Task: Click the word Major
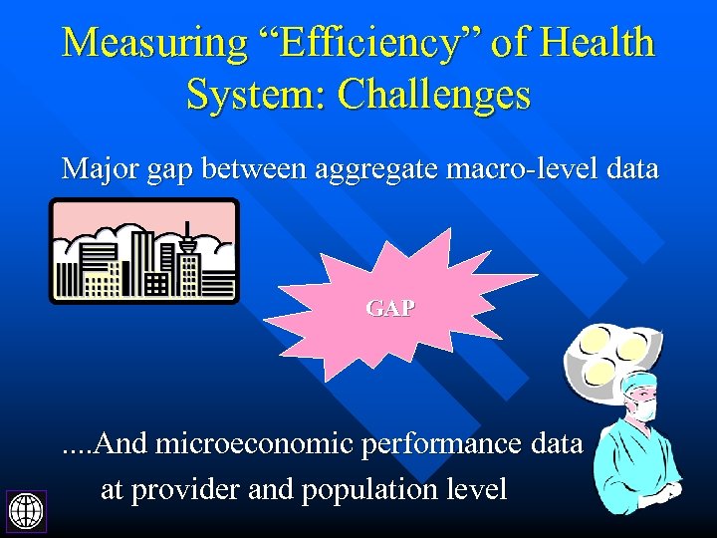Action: pyautogui.click(x=96, y=168)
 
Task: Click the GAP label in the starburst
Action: pyautogui.click(x=390, y=309)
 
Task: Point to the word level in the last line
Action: pyautogui.click(x=482, y=489)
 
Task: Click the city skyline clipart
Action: pyautogui.click(x=144, y=251)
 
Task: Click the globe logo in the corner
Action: pyautogui.click(x=24, y=511)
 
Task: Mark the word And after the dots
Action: pyautogui.click(x=122, y=443)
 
